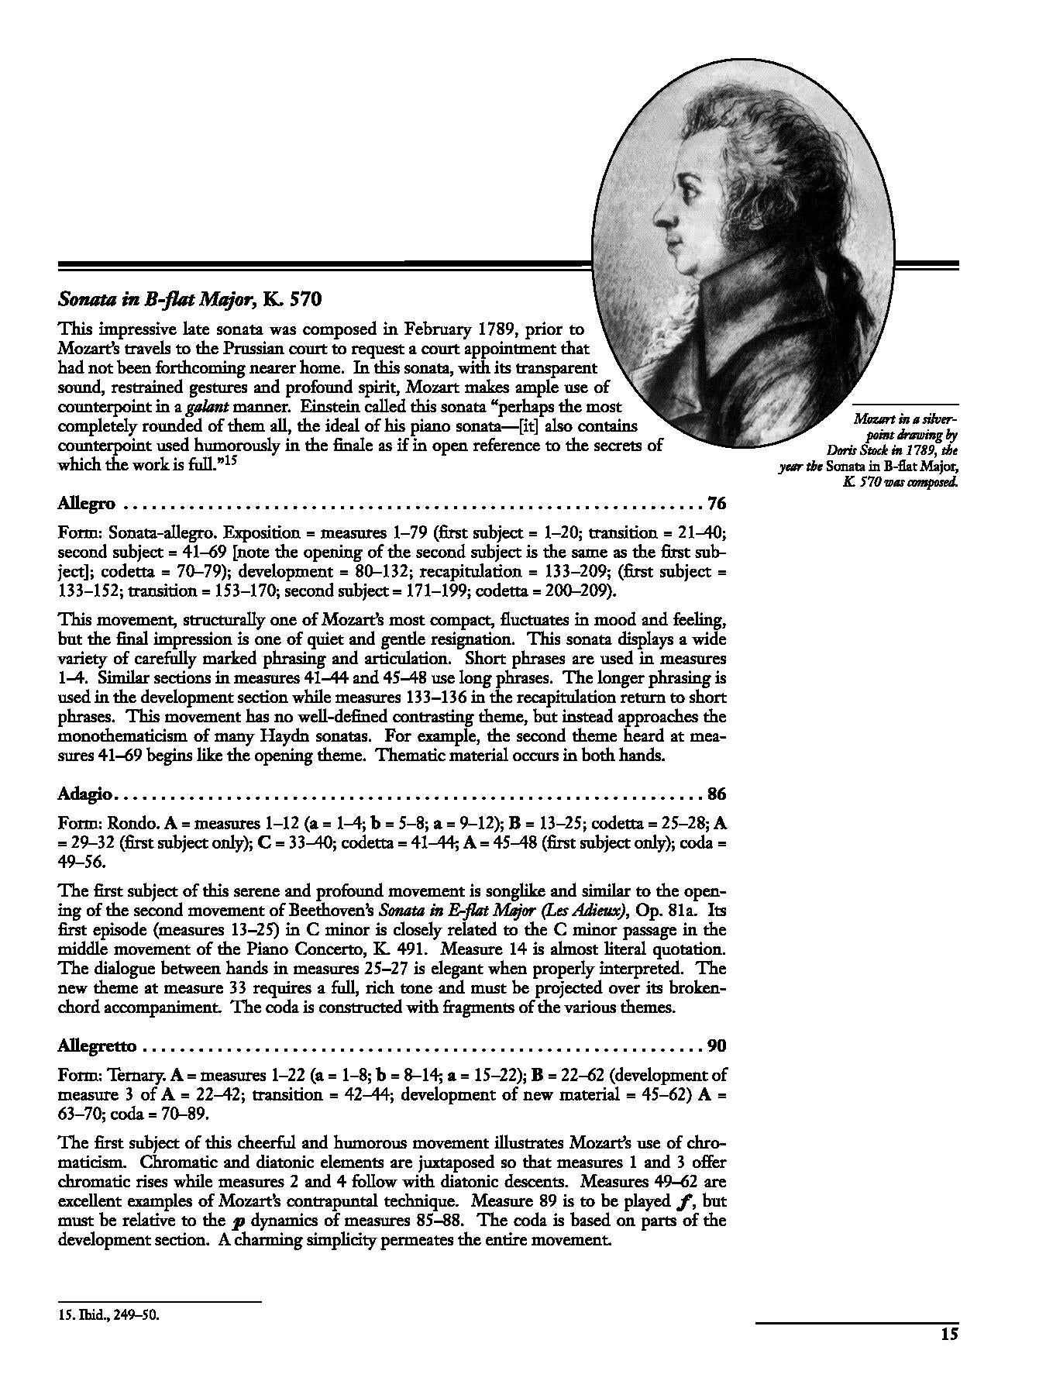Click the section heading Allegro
tap(87, 504)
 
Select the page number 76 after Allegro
tap(717, 504)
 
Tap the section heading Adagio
tap(86, 794)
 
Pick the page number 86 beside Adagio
tap(717, 794)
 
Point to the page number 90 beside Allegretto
tap(717, 1046)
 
